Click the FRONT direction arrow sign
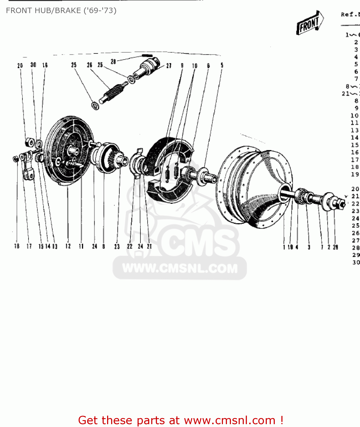tap(310, 23)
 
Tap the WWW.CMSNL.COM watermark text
tap(180, 268)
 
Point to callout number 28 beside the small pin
tap(113, 61)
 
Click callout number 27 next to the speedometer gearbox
tap(169, 66)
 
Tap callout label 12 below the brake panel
tap(68, 246)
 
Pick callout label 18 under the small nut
tap(17, 246)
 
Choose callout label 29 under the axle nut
tap(336, 247)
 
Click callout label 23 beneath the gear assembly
tap(117, 247)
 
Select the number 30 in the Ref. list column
tap(356, 262)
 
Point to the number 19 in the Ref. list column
tap(355, 174)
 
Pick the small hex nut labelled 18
tap(16, 159)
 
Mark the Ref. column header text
tap(350, 14)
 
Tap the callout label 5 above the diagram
tap(222, 65)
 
